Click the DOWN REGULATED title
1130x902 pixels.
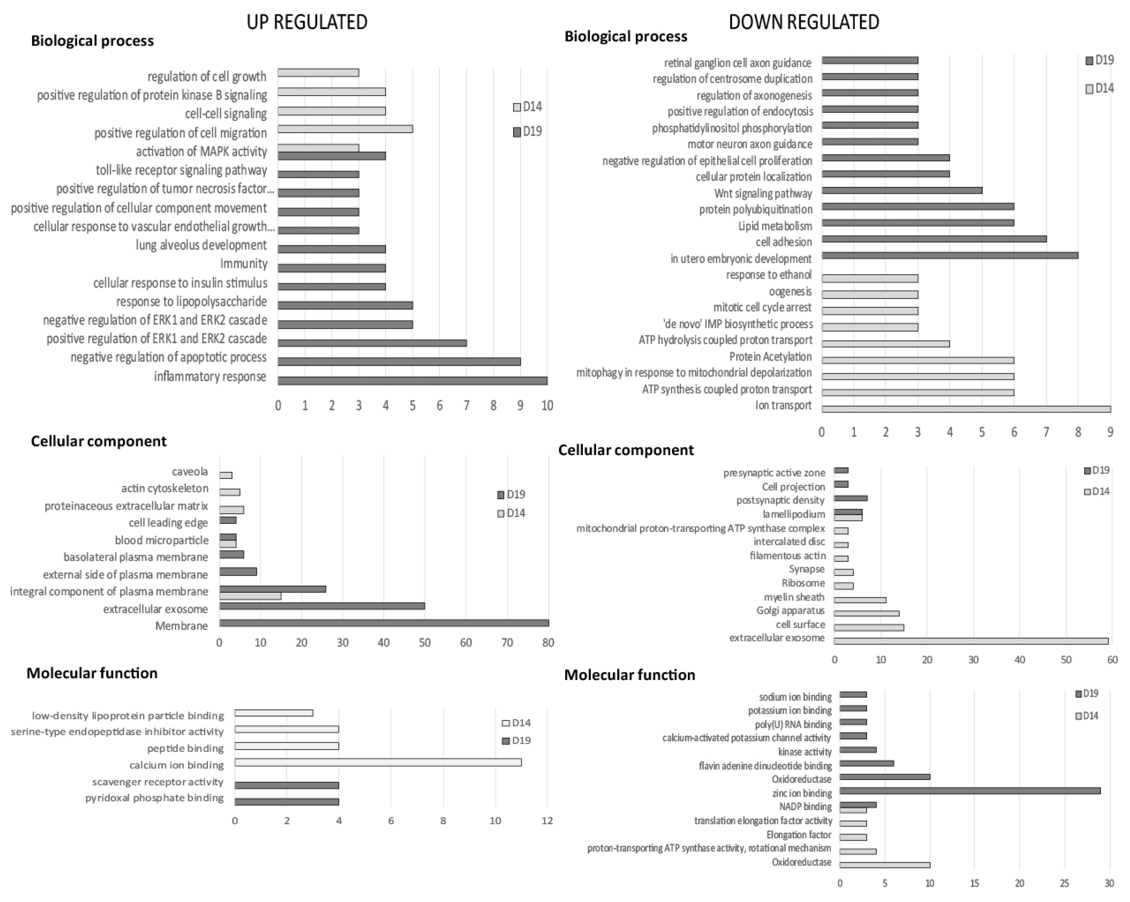(804, 22)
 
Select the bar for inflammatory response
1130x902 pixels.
(412, 381)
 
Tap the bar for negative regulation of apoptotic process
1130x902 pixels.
(399, 361)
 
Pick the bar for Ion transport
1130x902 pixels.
(966, 409)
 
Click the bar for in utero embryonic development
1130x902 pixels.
(950, 256)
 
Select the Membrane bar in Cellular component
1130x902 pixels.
(384, 623)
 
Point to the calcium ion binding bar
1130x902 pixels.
(378, 763)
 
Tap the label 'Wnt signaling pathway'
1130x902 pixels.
(763, 193)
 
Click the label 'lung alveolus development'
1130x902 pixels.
(201, 245)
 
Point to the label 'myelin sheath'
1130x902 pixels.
(794, 597)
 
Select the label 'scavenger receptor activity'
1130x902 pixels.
(158, 782)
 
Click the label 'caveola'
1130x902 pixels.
(190, 472)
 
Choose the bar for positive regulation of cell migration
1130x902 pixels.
(345, 129)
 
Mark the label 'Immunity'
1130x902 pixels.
(244, 263)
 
